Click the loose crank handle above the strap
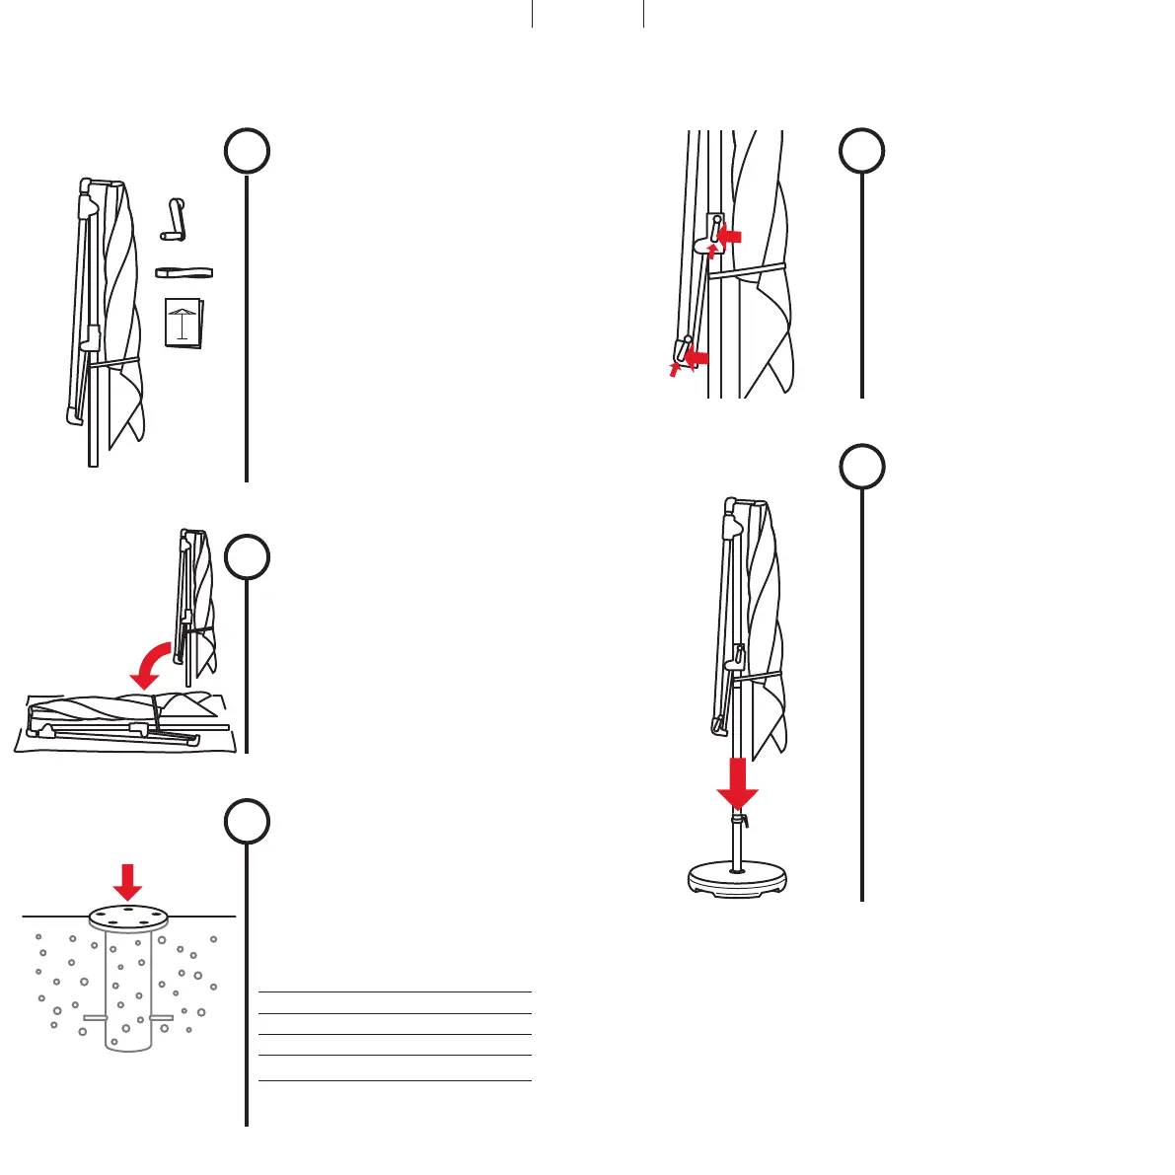174,219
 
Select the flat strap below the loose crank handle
184,271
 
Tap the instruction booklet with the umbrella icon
184,322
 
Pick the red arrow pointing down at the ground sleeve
127,881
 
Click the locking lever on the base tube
744,821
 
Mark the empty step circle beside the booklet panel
246,152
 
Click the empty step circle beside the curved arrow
246,558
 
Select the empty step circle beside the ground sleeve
246,821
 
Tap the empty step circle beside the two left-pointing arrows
862,152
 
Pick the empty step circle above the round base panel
862,466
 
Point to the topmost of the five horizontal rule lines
395,991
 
